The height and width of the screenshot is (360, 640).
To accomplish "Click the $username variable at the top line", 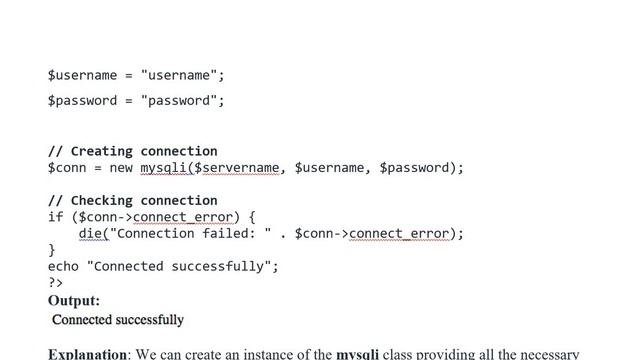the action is pyautogui.click(x=82, y=76).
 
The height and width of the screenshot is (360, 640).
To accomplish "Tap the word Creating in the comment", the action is pyautogui.click(x=102, y=151).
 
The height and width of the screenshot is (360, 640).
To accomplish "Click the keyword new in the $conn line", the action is pyautogui.click(x=121, y=168).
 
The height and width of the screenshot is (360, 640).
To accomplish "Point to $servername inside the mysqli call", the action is pyautogui.click(x=237, y=168).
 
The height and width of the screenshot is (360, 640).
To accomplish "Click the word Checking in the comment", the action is pyautogui.click(x=102, y=201).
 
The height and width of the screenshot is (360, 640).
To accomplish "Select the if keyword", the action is pyautogui.click(x=56, y=217).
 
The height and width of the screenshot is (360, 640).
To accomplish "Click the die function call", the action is pyautogui.click(x=90, y=233).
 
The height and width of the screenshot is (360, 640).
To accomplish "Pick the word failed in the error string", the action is pyautogui.click(x=229, y=233).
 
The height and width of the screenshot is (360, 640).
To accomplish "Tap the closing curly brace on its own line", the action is pyautogui.click(x=52, y=250).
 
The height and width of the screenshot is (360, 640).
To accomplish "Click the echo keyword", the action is pyautogui.click(x=63, y=267).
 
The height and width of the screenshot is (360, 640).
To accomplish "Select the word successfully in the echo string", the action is pyautogui.click(x=218, y=267).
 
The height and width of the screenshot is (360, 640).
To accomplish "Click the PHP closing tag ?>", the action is pyautogui.click(x=56, y=282).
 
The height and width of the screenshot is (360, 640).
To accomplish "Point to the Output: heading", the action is pyautogui.click(x=74, y=301).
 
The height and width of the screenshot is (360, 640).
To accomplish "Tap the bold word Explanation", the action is pyautogui.click(x=87, y=353).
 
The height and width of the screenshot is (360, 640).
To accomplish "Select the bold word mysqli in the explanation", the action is pyautogui.click(x=358, y=354).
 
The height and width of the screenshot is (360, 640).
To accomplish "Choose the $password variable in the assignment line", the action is pyautogui.click(x=82, y=101).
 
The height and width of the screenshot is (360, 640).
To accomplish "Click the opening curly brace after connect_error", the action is pyautogui.click(x=252, y=217).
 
